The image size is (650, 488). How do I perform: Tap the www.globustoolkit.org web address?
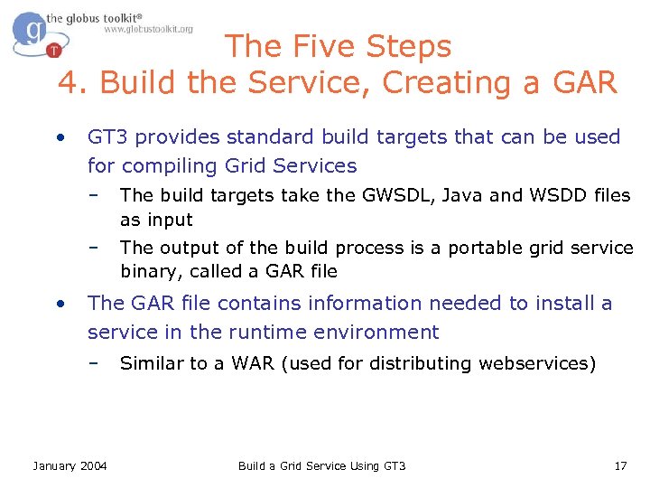(148, 30)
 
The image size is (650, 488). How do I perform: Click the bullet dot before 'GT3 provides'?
(59, 137)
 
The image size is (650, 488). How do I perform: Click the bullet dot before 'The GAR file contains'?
(59, 304)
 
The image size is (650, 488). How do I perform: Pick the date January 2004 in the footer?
(70, 465)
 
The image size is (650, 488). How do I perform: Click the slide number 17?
(619, 465)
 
